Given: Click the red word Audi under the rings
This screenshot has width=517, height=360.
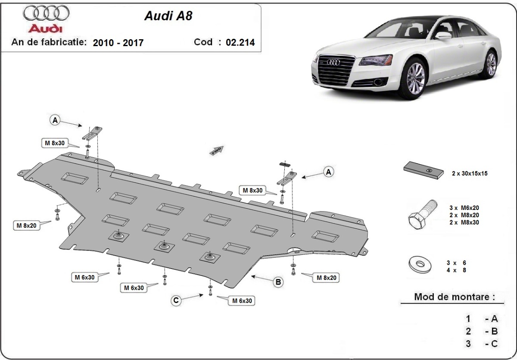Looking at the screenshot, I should (46, 28).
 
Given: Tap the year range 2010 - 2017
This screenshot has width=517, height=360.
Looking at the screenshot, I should (118, 43).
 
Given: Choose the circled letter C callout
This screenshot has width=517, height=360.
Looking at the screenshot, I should (176, 301).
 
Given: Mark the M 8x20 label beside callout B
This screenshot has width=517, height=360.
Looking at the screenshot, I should (327, 278).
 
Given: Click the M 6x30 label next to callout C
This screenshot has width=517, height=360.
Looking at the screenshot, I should (242, 301).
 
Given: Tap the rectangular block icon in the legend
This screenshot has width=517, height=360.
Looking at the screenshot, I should (424, 170).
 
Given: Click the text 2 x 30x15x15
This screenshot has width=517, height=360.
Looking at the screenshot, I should (469, 173).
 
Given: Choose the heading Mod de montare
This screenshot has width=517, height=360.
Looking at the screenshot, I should (454, 297).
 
